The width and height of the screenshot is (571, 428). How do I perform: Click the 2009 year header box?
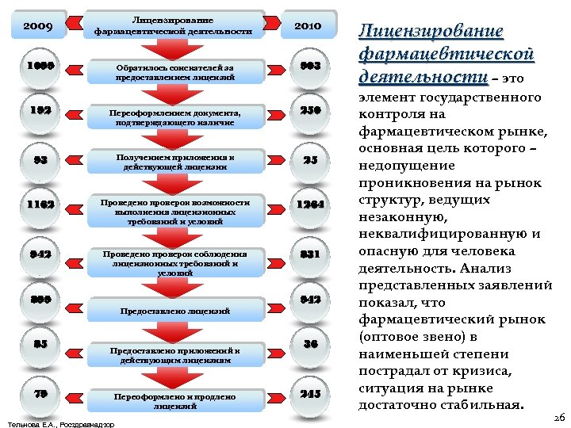click(x=38, y=26)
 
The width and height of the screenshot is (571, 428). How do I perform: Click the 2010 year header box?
click(x=308, y=26)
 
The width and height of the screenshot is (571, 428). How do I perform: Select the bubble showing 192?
click(x=38, y=112)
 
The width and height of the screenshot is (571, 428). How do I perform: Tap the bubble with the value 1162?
click(x=38, y=204)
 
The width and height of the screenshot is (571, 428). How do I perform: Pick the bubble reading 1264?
click(x=310, y=205)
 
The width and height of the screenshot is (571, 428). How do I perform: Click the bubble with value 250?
click(x=310, y=112)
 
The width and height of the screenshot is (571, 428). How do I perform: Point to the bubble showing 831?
click(x=310, y=254)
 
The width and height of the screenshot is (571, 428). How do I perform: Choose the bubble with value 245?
click(x=310, y=393)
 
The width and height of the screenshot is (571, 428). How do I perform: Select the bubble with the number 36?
click(x=310, y=344)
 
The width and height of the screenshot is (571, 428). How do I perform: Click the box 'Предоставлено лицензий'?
click(x=175, y=310)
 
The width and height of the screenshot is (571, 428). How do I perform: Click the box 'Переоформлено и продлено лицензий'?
click(x=175, y=400)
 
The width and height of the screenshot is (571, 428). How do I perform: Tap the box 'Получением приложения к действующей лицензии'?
click(x=175, y=162)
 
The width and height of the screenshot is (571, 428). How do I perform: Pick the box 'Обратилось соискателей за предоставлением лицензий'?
click(x=175, y=72)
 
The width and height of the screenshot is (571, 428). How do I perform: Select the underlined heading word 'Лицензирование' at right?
click(x=431, y=32)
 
